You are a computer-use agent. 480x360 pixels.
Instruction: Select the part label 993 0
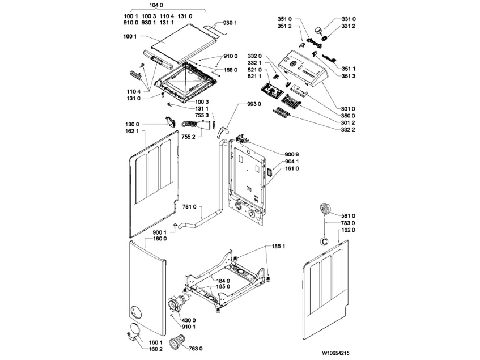[254, 105]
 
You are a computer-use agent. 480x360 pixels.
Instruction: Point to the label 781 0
[188, 207]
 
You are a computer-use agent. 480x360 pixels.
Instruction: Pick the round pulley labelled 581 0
[325, 208]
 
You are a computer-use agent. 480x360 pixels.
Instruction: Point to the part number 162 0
[346, 230]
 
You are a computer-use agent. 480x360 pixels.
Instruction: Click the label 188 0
[230, 70]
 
